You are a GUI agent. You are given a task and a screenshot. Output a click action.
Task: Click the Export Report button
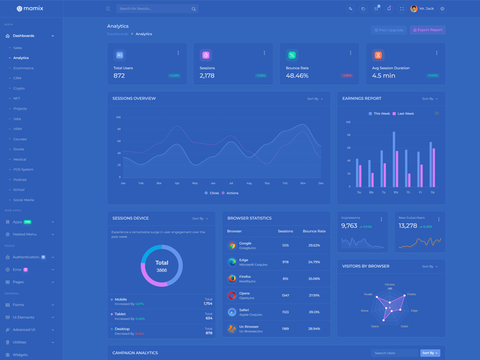click(x=428, y=30)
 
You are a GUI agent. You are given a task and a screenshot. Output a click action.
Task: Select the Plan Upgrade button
click(x=389, y=30)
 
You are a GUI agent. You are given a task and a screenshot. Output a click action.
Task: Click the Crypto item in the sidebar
click(x=19, y=88)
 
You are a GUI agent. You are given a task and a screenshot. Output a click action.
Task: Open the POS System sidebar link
click(x=23, y=169)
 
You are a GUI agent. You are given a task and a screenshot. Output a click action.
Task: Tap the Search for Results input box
click(x=153, y=9)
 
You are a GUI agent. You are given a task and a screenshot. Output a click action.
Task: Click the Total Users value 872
click(x=119, y=76)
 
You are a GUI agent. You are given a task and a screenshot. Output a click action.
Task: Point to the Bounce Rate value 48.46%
click(x=297, y=76)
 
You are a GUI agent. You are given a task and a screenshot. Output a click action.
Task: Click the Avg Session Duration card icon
click(x=378, y=55)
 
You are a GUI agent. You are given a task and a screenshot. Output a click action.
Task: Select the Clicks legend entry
click(x=212, y=193)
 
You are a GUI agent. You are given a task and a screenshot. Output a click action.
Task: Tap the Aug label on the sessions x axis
click(x=249, y=183)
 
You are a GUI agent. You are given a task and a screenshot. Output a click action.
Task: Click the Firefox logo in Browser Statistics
click(x=232, y=278)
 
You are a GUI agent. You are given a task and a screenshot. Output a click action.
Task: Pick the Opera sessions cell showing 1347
click(x=286, y=295)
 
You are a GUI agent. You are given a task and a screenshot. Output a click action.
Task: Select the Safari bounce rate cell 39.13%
click(x=314, y=312)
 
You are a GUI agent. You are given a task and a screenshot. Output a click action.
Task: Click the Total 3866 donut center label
click(x=161, y=266)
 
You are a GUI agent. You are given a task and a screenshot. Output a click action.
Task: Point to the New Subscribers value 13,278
click(x=408, y=226)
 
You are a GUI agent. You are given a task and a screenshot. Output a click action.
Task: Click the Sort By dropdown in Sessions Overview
click(x=315, y=98)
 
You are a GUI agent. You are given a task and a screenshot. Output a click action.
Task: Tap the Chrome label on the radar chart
click(x=389, y=284)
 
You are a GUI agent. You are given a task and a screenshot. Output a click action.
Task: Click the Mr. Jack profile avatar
click(x=414, y=9)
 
